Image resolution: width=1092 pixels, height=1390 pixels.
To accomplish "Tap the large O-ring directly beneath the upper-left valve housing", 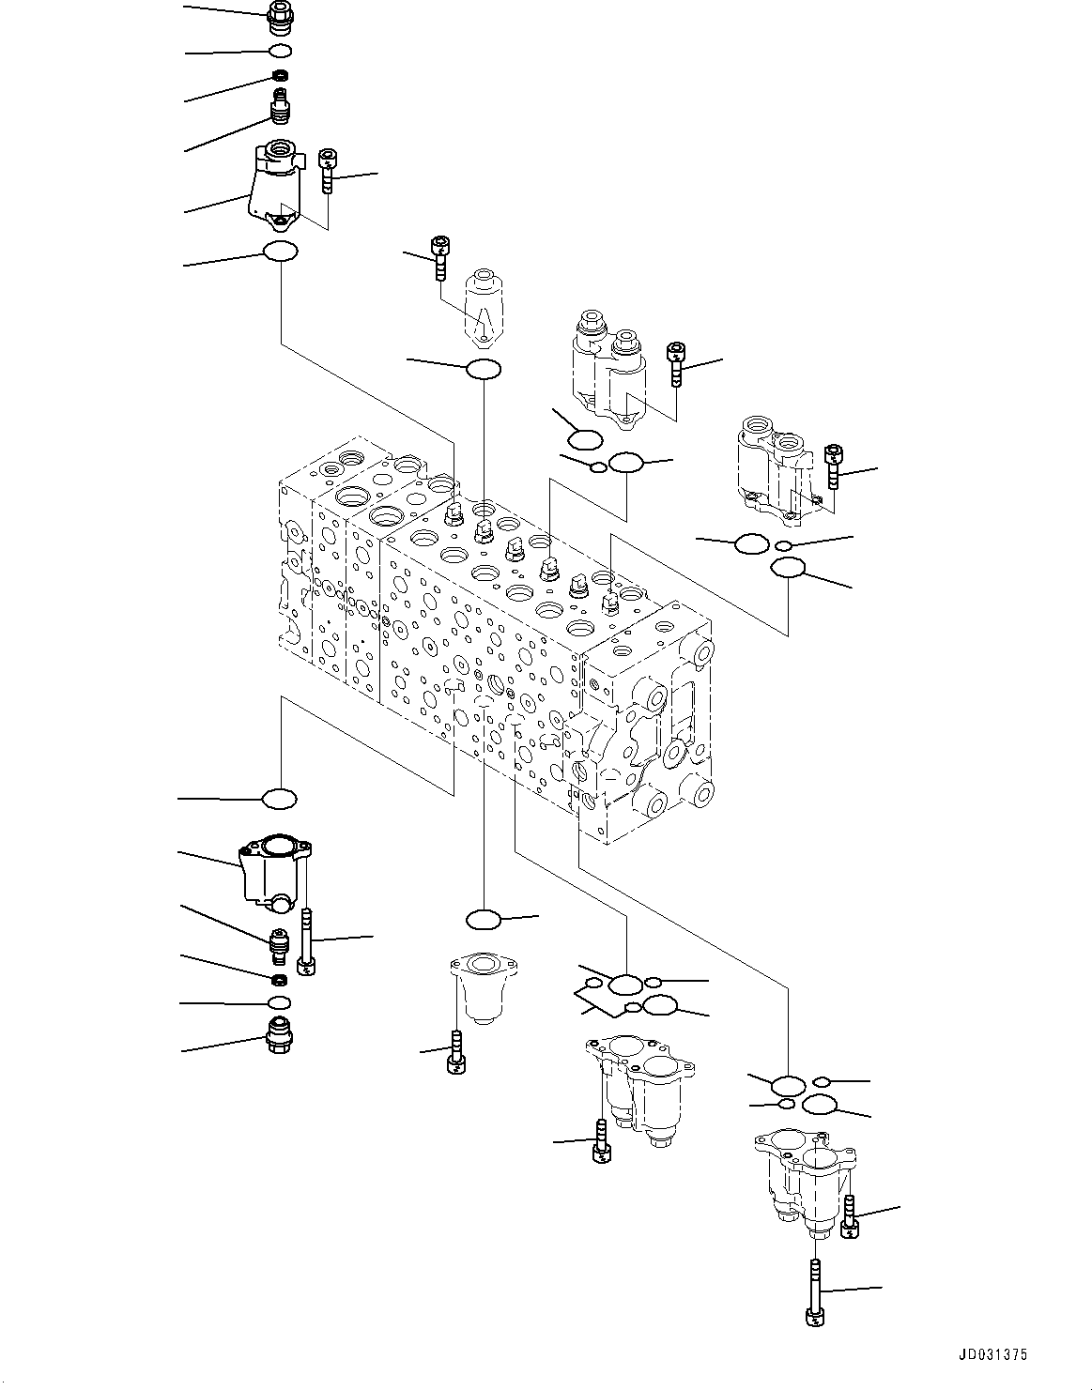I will (x=280, y=252).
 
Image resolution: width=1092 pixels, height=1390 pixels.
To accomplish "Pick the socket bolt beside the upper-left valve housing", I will (x=327, y=171).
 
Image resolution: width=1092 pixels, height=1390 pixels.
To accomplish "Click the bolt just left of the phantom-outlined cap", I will (x=439, y=258).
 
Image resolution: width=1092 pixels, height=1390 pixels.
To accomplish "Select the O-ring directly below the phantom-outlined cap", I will (x=483, y=369).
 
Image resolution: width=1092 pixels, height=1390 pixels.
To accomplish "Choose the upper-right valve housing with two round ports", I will (x=776, y=466).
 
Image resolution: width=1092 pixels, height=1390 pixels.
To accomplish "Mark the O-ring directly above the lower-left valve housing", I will (x=279, y=799).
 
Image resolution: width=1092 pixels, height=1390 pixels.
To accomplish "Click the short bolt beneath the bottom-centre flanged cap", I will (x=454, y=1050).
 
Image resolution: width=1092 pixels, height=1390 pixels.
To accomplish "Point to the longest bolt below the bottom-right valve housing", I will (x=815, y=1293).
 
